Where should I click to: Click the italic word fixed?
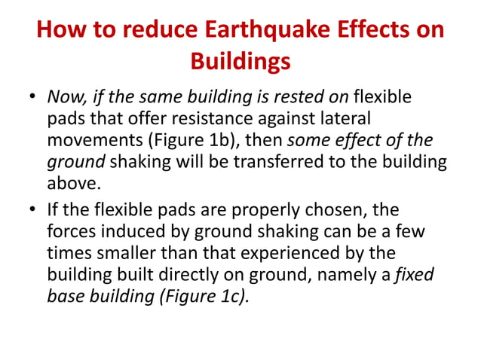[x=416, y=274]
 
